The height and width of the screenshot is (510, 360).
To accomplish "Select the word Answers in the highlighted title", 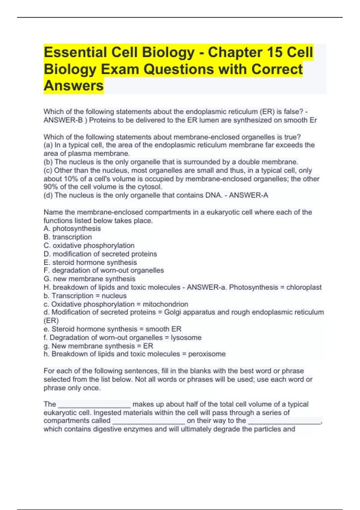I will click(x=74, y=85).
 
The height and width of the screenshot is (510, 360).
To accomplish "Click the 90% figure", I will click(x=51, y=187).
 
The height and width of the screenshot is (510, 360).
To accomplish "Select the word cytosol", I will click(x=150, y=187).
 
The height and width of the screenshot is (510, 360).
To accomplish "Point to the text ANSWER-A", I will click(x=249, y=195).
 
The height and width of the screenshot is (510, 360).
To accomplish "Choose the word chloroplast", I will click(x=304, y=287).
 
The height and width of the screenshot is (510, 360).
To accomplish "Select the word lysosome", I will click(x=186, y=337).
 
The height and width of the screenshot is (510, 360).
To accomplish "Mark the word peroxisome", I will click(x=207, y=354).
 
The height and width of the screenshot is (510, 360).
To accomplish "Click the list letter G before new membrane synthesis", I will click(x=46, y=279).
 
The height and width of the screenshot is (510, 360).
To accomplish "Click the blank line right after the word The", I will click(x=94, y=405).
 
